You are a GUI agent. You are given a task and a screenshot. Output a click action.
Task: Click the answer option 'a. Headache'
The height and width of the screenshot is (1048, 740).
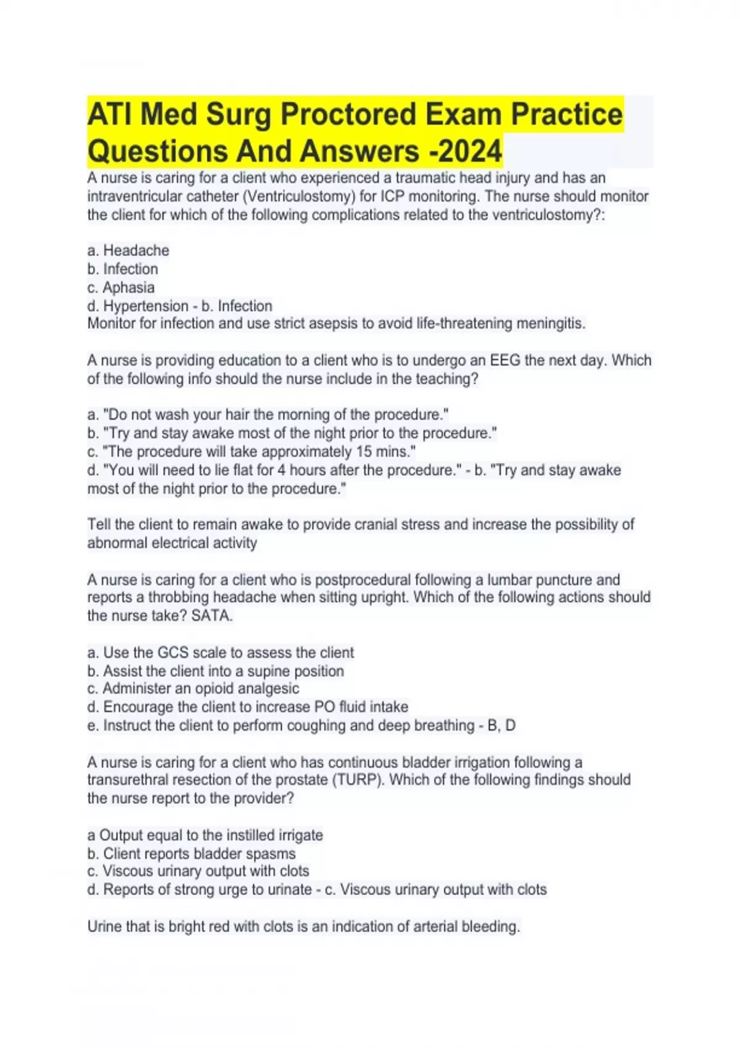[128, 250]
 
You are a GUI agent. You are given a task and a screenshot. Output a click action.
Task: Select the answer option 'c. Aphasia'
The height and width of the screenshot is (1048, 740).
[121, 287]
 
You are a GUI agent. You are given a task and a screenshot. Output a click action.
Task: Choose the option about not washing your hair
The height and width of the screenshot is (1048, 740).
[268, 414]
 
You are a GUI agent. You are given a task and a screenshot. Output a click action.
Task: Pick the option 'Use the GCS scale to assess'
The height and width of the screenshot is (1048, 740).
[221, 652]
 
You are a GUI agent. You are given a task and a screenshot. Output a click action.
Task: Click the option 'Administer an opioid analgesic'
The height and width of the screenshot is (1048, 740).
[193, 688]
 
